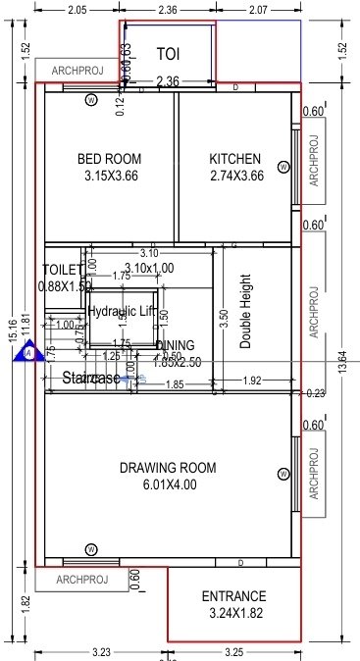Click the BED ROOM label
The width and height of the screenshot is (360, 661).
pos(109,159)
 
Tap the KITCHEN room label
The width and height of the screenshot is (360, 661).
pos(235,159)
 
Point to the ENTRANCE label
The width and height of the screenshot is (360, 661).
pos(233,596)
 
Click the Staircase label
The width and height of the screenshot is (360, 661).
pos(91,378)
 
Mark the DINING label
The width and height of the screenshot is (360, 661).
pos(175,346)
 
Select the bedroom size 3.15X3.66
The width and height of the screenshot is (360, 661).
pos(109,177)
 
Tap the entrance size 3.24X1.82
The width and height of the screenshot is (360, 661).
pos(233,614)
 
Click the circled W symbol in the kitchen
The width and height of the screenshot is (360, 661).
pos(283,167)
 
